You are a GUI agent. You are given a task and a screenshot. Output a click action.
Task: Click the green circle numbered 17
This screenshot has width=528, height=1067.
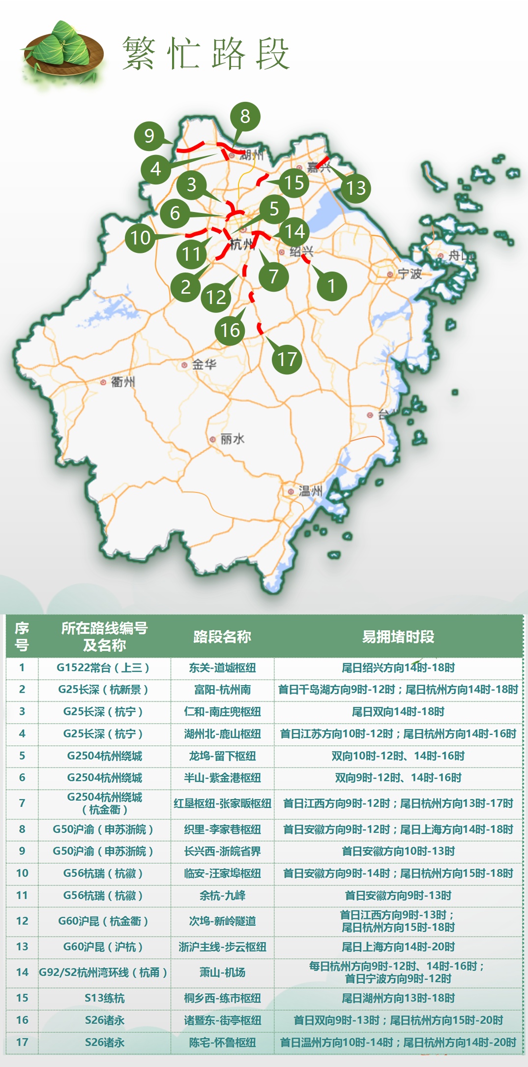287,359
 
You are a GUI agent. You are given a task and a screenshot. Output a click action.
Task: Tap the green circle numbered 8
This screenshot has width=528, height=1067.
245,117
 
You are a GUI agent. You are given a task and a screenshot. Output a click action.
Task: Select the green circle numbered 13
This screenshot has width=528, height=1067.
356,187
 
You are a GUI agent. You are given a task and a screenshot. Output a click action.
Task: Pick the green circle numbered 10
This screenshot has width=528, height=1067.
140,238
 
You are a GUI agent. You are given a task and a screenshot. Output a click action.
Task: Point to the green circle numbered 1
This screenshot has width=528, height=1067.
331,285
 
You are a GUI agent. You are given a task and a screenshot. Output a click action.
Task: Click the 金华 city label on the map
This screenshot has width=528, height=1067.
204,365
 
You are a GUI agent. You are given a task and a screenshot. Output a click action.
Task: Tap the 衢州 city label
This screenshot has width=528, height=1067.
123,382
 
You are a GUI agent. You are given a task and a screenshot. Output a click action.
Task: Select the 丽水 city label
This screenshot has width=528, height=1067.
232,439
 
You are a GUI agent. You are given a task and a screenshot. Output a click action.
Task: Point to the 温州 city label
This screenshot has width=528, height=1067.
310,491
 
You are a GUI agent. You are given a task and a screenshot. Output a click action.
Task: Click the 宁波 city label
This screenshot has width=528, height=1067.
410,274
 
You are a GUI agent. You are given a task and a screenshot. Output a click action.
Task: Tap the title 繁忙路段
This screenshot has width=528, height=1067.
206,53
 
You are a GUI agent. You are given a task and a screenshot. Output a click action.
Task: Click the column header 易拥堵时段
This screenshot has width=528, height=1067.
398,637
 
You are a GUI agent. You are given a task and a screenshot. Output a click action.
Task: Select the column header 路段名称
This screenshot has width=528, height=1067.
222,637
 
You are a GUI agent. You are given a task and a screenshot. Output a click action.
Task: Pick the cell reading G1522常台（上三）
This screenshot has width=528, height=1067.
103,668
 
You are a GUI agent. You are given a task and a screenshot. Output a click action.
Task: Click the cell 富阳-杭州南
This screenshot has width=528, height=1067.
222,689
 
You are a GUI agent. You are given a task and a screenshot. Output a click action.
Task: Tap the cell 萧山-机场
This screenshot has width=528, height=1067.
222,972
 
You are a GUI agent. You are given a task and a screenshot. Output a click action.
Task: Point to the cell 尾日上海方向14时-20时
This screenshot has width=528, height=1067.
398,946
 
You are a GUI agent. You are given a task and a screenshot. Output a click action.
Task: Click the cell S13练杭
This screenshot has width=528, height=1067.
104,998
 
